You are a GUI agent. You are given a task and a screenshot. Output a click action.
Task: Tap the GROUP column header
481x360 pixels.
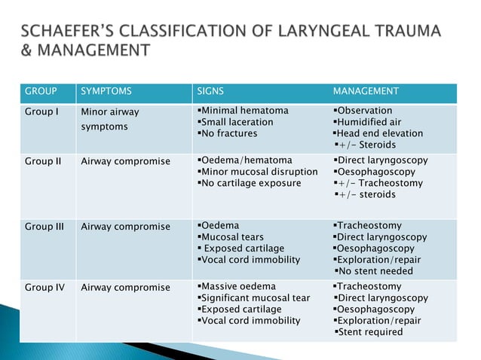[41, 91]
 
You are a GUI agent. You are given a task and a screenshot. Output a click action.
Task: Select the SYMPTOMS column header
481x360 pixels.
[106, 91]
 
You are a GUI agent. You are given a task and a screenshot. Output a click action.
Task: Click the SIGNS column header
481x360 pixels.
[210, 91]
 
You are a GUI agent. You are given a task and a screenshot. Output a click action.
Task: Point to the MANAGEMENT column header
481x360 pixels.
[366, 91]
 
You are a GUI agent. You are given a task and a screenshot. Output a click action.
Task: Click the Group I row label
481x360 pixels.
[41, 111]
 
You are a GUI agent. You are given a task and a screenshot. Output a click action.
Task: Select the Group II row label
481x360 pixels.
[43, 161]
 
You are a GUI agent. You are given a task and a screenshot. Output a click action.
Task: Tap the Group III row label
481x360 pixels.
[44, 226]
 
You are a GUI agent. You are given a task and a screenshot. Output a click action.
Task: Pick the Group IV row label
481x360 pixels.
[44, 287]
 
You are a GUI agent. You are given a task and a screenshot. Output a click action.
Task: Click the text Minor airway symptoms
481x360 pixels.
[109, 119]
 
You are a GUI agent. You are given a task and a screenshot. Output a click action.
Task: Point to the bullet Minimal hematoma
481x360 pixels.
[242, 111]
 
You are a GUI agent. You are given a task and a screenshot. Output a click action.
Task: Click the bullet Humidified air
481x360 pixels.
[369, 122]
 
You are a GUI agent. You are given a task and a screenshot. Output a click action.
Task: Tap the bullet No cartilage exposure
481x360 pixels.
[248, 183]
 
